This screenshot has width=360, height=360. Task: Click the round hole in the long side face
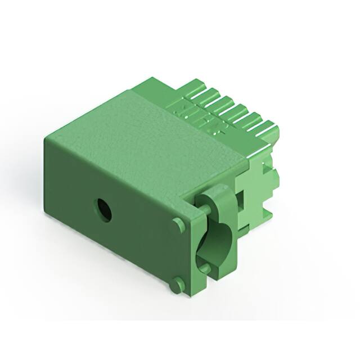(x=103, y=210)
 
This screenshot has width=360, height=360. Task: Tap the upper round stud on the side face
(x=179, y=224)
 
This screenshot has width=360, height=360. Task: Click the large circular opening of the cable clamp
(x=215, y=243)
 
